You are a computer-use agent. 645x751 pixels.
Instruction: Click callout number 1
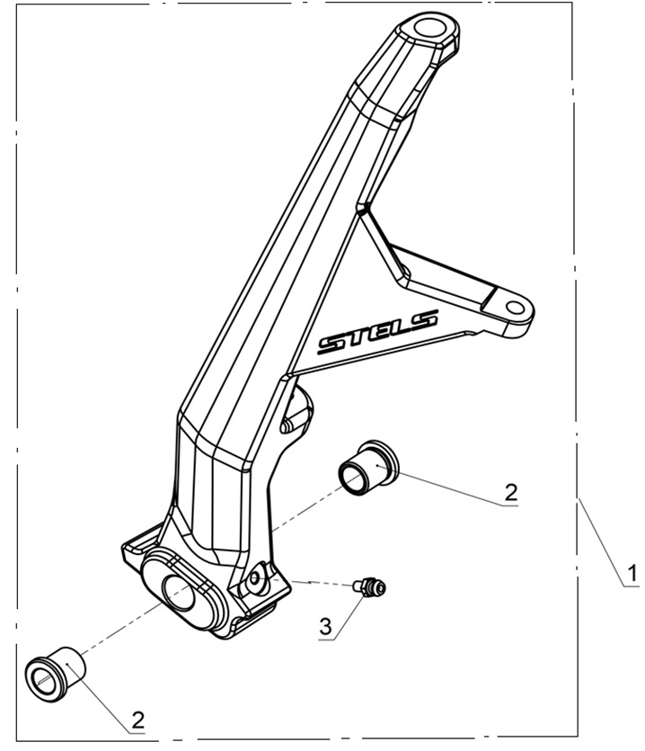[x=632, y=572]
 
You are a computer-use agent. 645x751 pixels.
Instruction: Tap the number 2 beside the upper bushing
[x=510, y=492]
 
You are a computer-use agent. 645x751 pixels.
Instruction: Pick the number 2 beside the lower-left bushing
[x=137, y=719]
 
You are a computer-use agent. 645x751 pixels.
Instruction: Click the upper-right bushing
[x=367, y=465]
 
